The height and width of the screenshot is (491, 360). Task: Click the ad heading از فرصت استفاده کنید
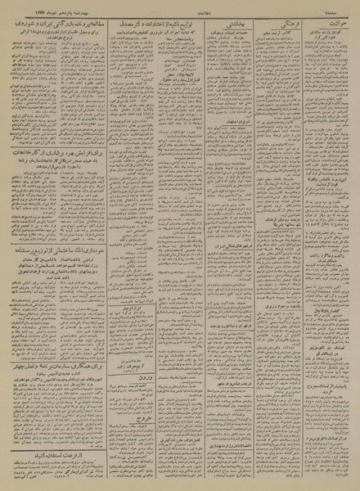[x=54, y=453]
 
